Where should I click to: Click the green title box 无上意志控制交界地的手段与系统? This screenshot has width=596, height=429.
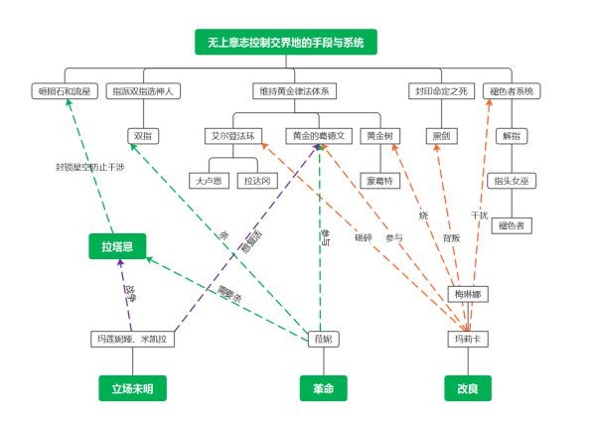285,43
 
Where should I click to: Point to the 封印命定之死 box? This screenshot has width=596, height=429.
440,91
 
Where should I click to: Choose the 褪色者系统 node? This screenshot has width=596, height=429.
513,91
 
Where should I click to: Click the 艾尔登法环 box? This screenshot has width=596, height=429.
233,134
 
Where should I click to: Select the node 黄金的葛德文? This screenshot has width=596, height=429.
318,134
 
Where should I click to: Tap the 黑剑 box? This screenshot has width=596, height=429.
440,134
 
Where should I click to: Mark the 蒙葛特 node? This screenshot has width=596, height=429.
378,180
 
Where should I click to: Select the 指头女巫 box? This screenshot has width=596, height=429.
513,180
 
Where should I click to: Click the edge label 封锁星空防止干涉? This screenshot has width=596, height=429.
90,167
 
